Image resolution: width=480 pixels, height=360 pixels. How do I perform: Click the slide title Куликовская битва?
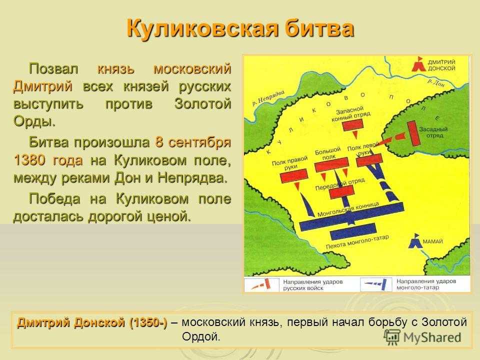240,29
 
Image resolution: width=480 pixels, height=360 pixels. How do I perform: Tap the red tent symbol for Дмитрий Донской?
419,64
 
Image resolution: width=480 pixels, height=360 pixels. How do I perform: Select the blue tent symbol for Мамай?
414,241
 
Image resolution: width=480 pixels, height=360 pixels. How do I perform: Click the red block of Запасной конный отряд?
352,125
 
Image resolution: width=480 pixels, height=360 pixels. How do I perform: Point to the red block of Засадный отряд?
412,133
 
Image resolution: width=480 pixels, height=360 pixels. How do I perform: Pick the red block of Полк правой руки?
294,176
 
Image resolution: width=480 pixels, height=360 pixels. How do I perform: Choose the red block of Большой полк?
331,164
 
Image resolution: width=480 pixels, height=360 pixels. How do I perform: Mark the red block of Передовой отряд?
341,192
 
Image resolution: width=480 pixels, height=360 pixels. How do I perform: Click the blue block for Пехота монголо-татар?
353,231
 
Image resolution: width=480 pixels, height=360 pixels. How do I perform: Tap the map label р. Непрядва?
268,98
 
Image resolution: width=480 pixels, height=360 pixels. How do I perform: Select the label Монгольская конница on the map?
348,209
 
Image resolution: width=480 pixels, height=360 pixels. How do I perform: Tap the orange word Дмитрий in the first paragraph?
43,86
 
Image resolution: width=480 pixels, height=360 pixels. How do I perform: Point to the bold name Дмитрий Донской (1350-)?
92,322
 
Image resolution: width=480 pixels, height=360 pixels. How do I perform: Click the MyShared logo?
422,337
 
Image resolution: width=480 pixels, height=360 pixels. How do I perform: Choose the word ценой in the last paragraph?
169,216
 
